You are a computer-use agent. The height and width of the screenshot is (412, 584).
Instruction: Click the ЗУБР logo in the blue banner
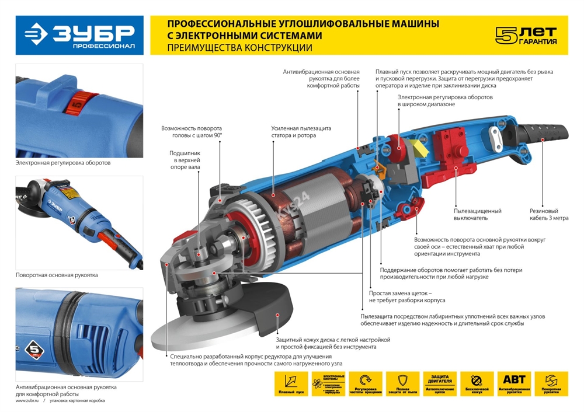coord(79,35)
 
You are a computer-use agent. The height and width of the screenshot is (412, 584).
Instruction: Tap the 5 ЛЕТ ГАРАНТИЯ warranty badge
coord(526,35)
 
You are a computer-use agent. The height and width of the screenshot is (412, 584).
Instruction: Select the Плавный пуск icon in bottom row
coord(290,384)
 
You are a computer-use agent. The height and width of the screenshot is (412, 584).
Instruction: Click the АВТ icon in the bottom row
coord(513,384)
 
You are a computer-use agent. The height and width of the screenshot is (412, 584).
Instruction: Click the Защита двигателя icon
coord(439,384)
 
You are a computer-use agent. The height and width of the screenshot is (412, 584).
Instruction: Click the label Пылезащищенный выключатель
coord(477,215)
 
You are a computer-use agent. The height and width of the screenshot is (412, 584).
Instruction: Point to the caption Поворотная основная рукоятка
coord(57,274)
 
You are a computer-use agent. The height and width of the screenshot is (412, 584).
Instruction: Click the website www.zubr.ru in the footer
coord(27,401)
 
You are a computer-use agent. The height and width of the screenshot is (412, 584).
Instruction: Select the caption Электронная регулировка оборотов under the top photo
coord(62,163)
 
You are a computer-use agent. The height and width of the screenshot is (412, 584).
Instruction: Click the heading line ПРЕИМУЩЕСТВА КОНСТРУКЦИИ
coord(239,48)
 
